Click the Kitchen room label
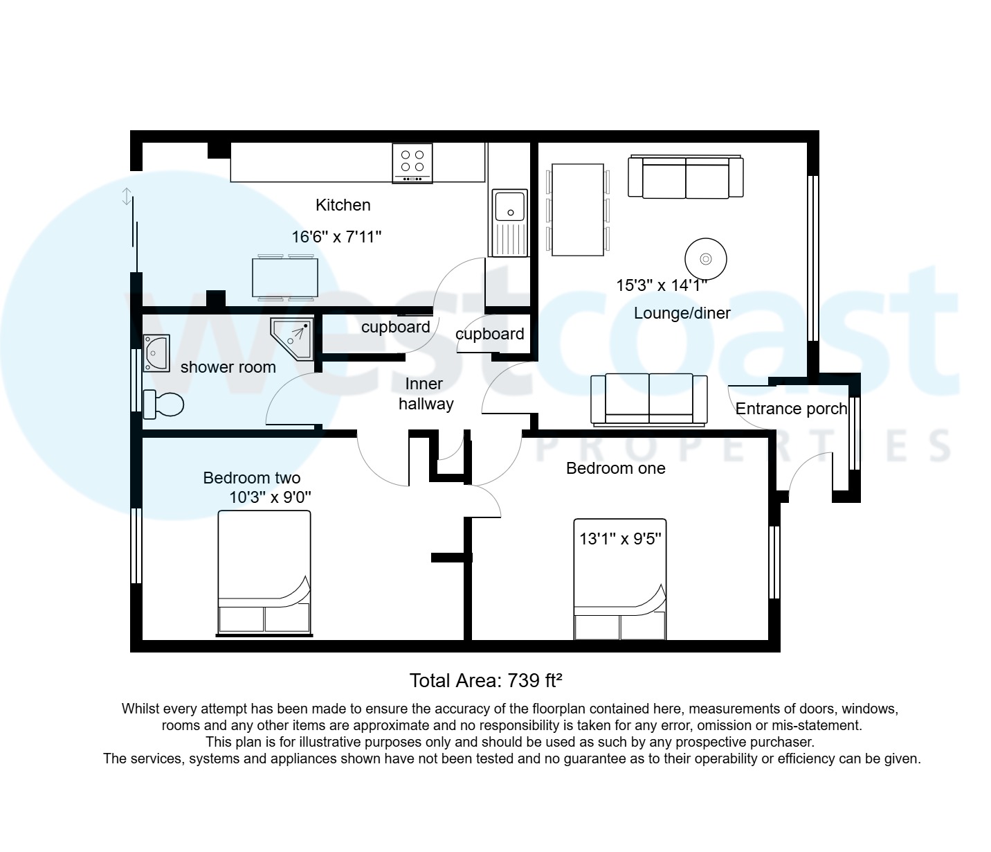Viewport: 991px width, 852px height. (343, 205)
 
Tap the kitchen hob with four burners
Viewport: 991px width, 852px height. (412, 163)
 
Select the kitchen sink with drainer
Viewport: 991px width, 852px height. (509, 222)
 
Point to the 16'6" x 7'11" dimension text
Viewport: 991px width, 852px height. (336, 237)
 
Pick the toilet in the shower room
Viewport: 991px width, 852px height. (163, 404)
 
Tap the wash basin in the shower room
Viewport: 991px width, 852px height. (156, 353)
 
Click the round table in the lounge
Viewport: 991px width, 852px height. (705, 259)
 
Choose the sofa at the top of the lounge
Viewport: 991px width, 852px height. (685, 177)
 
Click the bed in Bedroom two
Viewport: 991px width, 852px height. (264, 573)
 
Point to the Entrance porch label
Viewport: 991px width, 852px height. (791, 409)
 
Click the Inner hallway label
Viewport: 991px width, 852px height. (425, 393)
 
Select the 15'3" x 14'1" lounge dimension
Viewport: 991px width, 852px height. (662, 285)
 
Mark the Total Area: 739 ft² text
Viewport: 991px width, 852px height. (485, 680)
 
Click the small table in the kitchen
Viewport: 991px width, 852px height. (285, 278)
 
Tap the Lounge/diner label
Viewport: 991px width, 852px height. (682, 313)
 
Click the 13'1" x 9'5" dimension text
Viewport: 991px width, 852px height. (621, 538)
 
